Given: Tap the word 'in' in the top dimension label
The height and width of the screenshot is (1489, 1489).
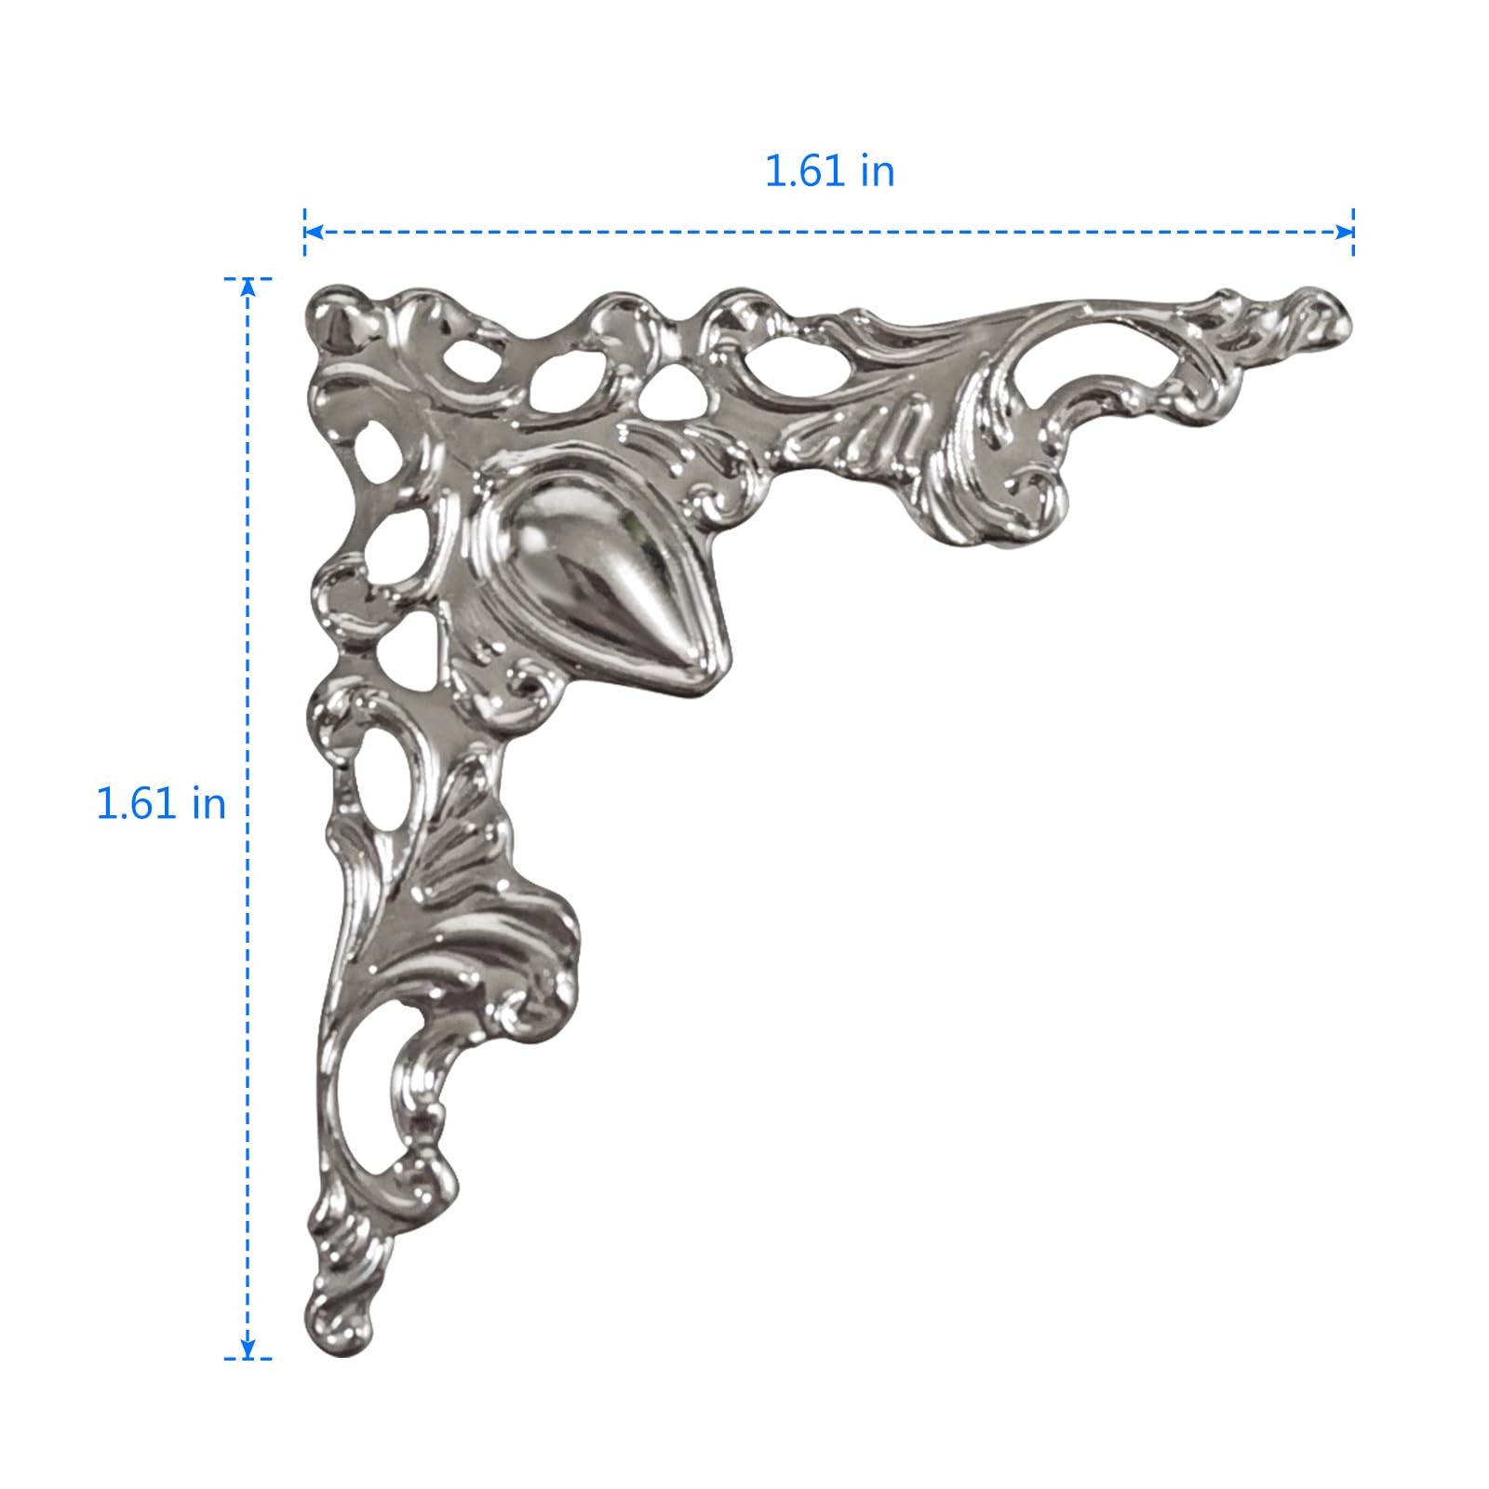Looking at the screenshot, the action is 877,171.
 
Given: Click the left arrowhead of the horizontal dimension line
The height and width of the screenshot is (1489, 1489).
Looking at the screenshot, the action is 313,232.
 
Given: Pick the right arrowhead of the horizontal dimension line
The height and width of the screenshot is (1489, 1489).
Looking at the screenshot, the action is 1345,232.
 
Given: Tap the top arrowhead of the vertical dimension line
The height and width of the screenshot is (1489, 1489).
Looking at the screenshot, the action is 248,287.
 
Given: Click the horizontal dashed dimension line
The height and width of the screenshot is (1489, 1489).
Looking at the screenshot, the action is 828,232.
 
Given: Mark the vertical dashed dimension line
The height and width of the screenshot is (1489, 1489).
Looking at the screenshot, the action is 248,818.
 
